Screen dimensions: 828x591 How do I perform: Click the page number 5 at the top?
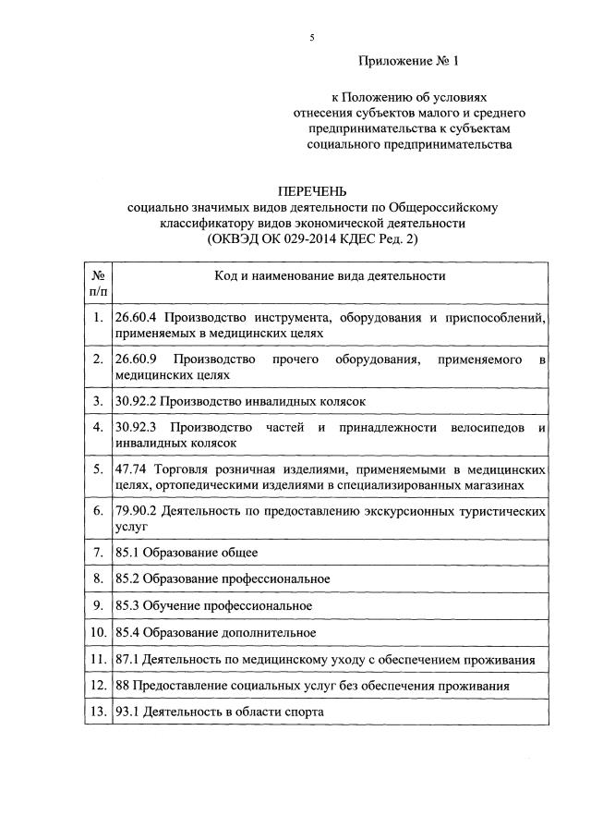point(312,38)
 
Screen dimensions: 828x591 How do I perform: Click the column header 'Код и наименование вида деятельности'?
point(330,275)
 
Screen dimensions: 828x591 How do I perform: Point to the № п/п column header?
point(98,283)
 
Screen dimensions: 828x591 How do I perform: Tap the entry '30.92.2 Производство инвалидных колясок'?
point(241,400)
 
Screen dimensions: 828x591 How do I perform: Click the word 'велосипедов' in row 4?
point(487,428)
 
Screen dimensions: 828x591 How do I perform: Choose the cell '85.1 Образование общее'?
point(187,553)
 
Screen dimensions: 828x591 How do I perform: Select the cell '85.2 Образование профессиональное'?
point(223,579)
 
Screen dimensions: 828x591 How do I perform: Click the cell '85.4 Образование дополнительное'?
point(215,633)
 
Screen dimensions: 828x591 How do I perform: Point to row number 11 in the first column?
point(98,660)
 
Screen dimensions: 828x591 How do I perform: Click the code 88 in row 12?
point(123,687)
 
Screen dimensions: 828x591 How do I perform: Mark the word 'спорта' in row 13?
point(304,713)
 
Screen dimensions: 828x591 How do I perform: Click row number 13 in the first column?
point(98,713)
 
